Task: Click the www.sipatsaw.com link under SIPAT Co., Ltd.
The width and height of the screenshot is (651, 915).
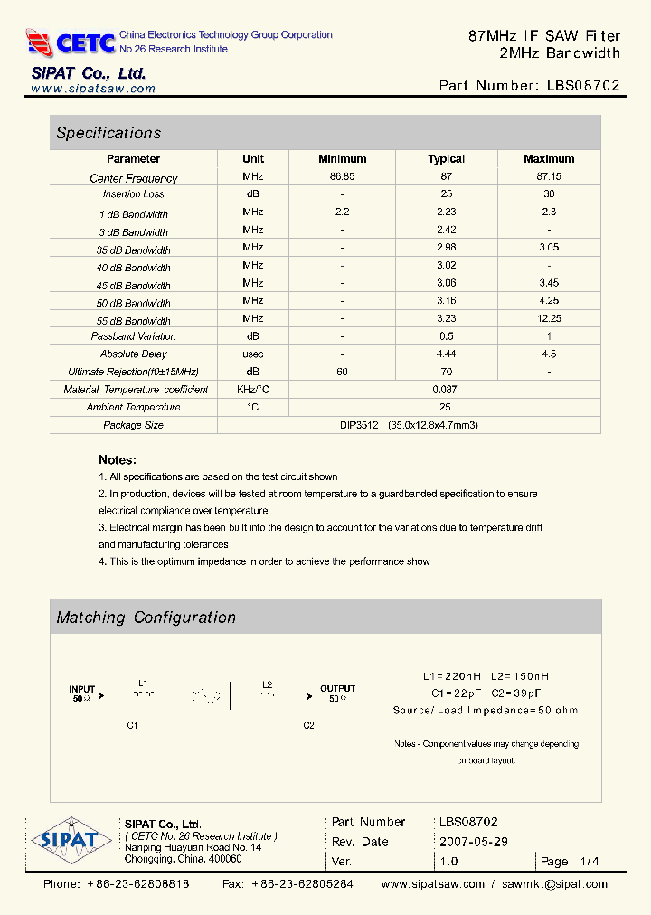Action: tap(93, 89)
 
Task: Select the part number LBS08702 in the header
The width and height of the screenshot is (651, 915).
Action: tap(584, 86)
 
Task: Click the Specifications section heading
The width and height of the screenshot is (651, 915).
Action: tap(108, 133)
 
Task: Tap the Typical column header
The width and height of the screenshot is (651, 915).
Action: tap(446, 159)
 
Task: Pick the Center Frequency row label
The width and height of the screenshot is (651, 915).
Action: tap(134, 178)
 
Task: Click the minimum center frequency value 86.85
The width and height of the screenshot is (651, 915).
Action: tap(342, 177)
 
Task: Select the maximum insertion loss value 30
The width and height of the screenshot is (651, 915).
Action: tap(549, 194)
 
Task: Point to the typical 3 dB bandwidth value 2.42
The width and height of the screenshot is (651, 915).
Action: tap(446, 231)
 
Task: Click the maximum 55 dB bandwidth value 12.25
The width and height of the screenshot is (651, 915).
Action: tap(549, 319)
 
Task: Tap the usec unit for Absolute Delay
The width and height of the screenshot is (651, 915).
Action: tap(253, 354)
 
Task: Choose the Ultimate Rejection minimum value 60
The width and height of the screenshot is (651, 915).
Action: tap(342, 372)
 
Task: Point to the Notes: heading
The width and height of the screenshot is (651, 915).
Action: tap(118, 459)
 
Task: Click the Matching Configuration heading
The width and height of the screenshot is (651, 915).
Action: tap(146, 618)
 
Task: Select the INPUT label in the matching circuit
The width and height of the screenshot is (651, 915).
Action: tap(82, 689)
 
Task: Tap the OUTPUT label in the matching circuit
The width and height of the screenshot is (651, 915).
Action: tap(337, 689)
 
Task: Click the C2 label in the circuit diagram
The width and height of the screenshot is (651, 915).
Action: tap(309, 726)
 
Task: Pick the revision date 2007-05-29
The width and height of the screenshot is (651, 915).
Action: tap(474, 842)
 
